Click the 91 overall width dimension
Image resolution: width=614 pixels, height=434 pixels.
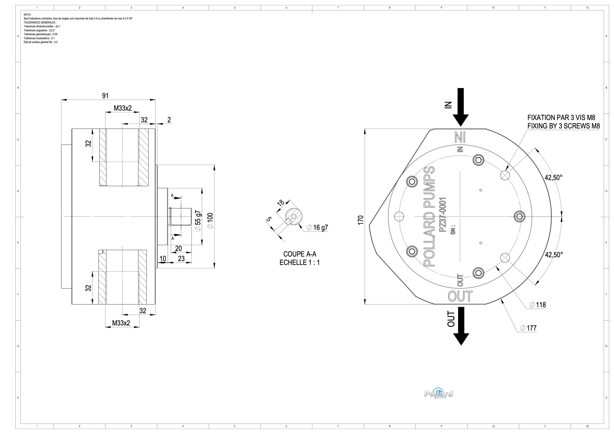[105, 96]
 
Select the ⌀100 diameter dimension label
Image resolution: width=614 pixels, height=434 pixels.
[210, 221]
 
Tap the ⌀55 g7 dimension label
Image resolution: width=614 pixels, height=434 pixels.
[198, 221]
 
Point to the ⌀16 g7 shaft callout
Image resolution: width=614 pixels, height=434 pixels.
[317, 228]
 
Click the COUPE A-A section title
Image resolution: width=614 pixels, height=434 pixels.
[300, 254]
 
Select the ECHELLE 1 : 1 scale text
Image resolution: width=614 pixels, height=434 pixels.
[300, 263]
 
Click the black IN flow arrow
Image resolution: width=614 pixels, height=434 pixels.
[460, 107]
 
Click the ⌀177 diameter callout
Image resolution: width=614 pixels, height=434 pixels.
[528, 328]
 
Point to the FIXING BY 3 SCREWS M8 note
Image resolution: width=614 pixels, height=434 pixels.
[563, 126]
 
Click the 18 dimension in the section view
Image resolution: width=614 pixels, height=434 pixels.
[281, 202]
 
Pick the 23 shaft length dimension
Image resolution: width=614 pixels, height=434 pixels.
[181, 258]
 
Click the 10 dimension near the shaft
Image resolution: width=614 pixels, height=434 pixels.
[163, 258]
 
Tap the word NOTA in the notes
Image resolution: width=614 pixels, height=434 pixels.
[28, 14]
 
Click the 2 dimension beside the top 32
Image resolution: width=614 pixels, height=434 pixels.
[169, 120]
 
